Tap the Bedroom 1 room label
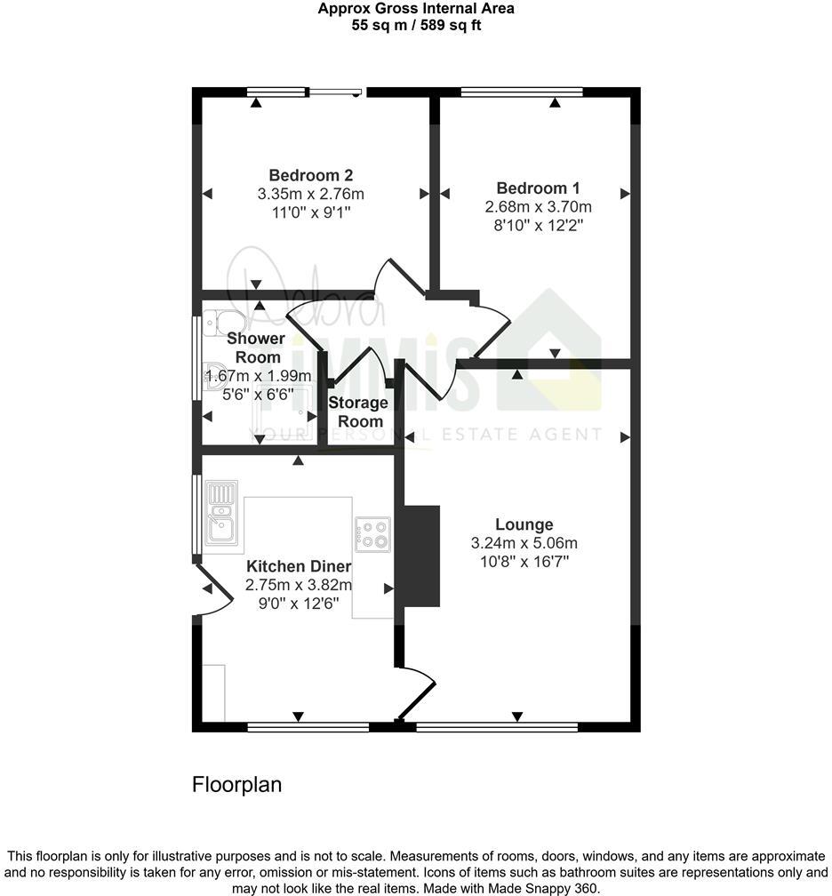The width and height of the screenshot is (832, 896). [538, 188]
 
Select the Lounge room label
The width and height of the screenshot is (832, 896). [524, 524]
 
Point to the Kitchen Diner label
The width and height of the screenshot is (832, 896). [299, 567]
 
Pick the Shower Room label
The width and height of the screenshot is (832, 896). [255, 348]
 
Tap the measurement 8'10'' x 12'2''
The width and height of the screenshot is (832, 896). [538, 226]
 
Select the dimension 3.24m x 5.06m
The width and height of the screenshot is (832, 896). [524, 543]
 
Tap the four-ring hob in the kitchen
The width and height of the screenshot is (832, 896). [372, 533]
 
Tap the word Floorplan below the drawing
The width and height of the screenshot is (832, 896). [236, 785]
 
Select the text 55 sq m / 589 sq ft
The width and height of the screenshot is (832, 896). [416, 26]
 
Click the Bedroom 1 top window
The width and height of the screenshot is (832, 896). [522, 92]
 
